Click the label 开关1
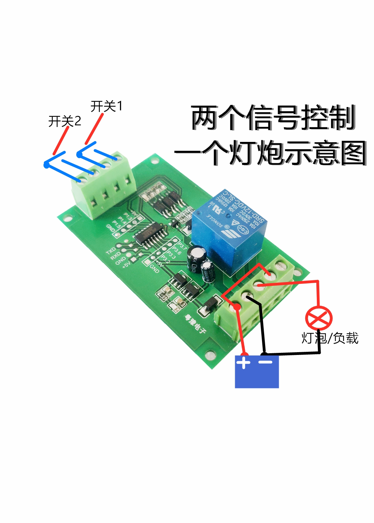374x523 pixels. tap(106, 106)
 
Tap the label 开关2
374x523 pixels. tap(65, 121)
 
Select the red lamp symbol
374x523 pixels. tap(319, 318)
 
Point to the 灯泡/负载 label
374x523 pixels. tap(330, 338)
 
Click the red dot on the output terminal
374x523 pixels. tap(237, 307)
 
